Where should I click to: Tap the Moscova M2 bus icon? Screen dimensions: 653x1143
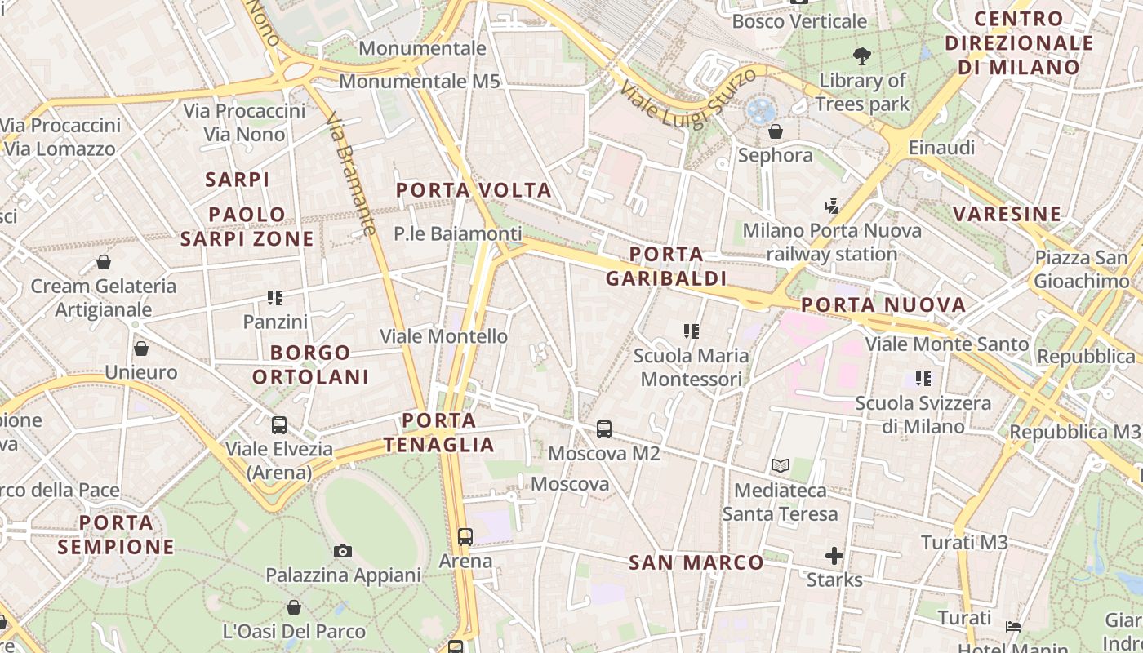coord(604,429)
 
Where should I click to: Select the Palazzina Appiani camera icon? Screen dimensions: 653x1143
coord(343,551)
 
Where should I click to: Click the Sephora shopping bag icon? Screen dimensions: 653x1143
coord(776,131)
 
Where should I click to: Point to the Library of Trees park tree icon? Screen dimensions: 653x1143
coord(861,56)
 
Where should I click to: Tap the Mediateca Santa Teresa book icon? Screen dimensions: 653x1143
coord(781,466)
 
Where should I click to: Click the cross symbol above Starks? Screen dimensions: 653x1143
coord(834,557)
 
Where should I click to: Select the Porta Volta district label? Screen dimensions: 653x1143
coord(474,191)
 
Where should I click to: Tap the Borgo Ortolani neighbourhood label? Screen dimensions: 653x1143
coord(310,365)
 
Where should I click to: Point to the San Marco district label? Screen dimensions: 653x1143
coord(696,562)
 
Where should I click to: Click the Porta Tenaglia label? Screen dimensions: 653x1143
coord(439,433)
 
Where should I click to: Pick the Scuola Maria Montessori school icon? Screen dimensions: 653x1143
coord(692,331)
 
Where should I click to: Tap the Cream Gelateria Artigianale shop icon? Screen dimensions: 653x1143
coord(104,262)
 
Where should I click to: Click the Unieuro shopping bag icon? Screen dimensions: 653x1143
coord(141,349)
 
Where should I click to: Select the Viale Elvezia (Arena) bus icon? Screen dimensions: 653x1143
coord(279,424)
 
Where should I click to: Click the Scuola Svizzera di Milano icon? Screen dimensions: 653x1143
coord(923,379)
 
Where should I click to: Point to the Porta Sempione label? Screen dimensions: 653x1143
coord(116,535)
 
